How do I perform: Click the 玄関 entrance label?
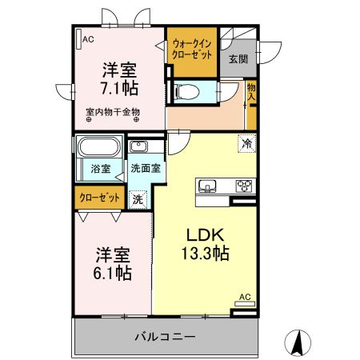click(238, 58)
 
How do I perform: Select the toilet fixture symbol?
click(187, 91)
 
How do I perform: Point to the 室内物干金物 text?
click(113, 112)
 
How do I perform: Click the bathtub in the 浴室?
click(98, 148)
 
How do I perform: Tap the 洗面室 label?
click(146, 169)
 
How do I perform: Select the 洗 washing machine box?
click(138, 198)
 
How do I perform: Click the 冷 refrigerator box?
click(247, 144)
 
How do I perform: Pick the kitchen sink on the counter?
click(208, 186)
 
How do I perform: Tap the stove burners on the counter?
click(244, 186)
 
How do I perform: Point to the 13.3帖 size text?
click(210, 254)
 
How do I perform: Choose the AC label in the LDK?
click(246, 298)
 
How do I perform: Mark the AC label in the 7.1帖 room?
click(88, 38)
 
